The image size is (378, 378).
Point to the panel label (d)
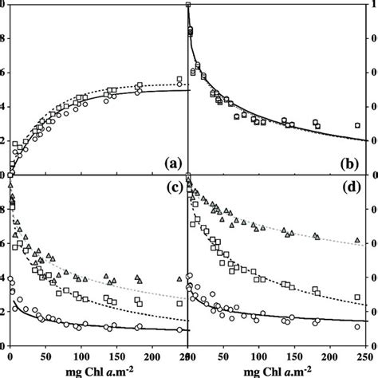click(x=350, y=189)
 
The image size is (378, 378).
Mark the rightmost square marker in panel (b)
click(x=357, y=125)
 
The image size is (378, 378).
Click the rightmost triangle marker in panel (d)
click(x=357, y=240)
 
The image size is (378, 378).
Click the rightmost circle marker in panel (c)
click(x=179, y=329)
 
